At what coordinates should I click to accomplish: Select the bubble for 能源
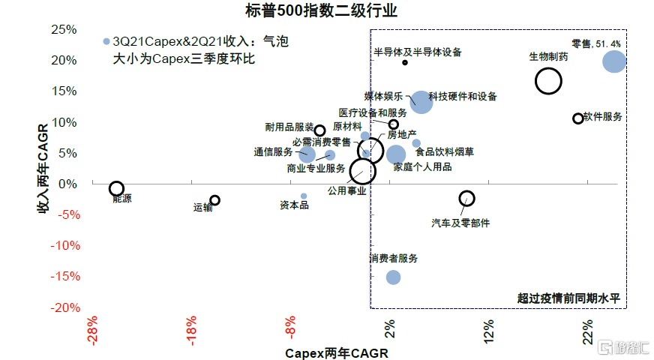(116, 189)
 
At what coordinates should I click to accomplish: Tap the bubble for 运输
(214, 200)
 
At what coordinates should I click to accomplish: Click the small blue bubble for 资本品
(304, 196)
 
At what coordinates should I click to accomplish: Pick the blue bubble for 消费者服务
(393, 277)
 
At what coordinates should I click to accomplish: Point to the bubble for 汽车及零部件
(466, 199)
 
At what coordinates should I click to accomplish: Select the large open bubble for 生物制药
(549, 81)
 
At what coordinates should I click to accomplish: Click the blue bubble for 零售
(614, 61)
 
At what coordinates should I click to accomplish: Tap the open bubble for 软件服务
(577, 118)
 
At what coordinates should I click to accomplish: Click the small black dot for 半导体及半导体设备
(405, 62)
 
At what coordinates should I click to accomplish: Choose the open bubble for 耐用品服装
(319, 130)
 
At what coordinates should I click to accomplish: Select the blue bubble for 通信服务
(307, 154)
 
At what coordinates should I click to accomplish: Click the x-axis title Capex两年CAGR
(337, 352)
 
